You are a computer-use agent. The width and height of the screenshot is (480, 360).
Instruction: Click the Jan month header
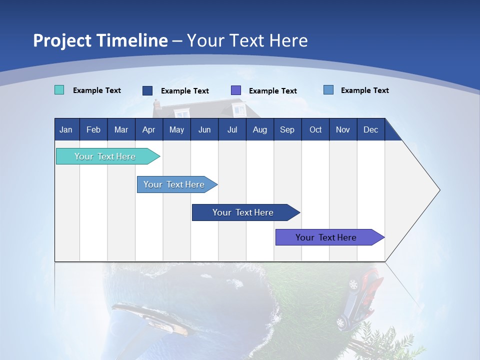tap(66, 129)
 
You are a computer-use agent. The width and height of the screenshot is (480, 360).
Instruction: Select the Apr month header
tap(148, 129)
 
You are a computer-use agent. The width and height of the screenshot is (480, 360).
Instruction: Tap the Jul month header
tap(232, 129)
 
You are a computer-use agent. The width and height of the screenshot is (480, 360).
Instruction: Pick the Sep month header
tap(287, 129)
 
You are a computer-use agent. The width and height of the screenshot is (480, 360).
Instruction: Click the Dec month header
tap(370, 129)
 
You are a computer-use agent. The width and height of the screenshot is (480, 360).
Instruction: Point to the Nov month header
tap(342, 129)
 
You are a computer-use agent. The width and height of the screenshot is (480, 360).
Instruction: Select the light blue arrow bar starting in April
tap(175, 184)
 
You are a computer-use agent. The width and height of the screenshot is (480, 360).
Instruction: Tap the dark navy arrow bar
tap(243, 212)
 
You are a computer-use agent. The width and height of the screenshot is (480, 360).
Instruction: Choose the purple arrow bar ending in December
tap(327, 237)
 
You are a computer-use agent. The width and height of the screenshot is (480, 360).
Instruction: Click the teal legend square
tap(59, 90)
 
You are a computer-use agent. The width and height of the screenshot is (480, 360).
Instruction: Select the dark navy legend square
tap(147, 90)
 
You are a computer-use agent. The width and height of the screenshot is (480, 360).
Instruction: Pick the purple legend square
tap(235, 90)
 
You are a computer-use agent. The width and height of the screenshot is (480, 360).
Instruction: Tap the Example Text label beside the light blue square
tap(364, 90)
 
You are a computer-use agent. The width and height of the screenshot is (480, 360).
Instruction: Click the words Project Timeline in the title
tap(100, 40)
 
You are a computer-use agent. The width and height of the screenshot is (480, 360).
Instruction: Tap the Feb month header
tap(93, 129)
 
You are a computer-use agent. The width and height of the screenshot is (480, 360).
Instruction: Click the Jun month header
tap(204, 129)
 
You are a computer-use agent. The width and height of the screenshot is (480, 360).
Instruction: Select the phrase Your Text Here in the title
tap(247, 40)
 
